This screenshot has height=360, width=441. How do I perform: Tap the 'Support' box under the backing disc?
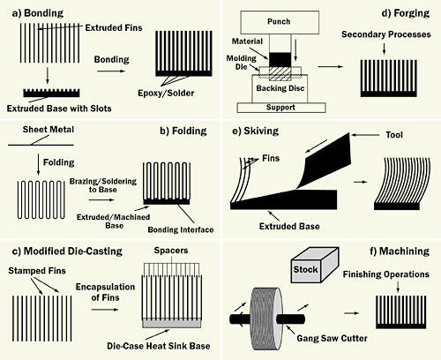282,107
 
